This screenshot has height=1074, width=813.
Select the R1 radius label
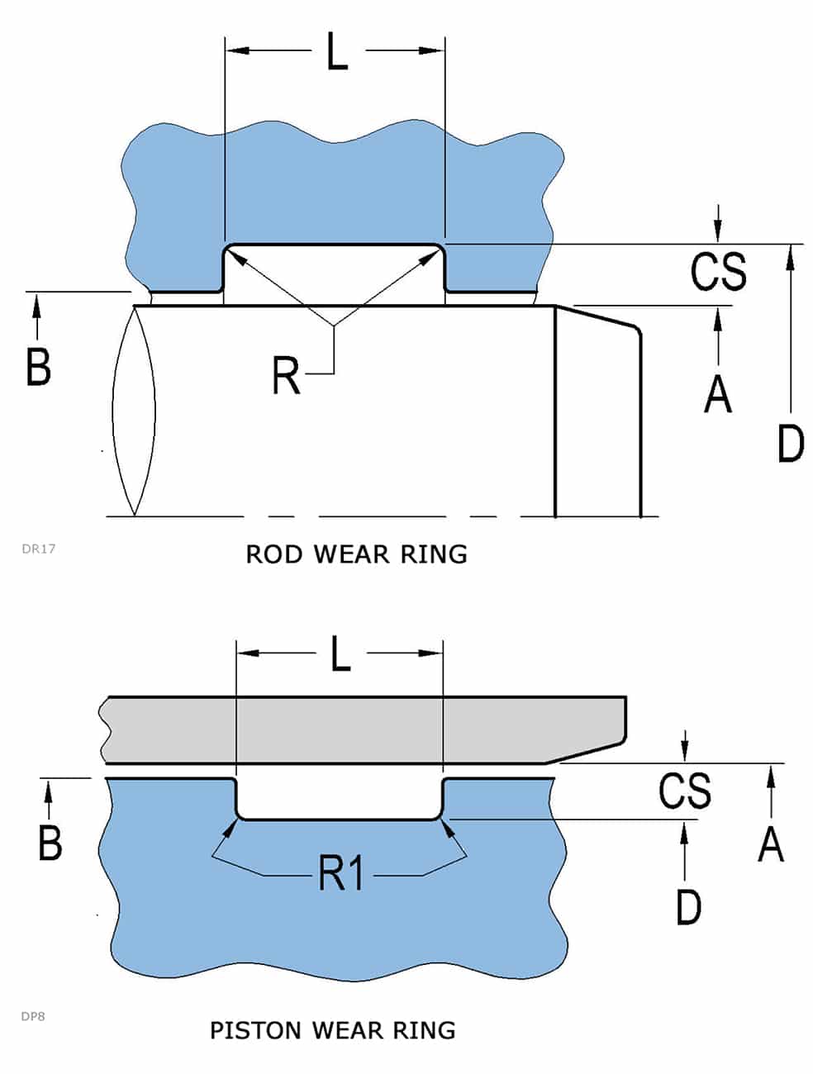(342, 873)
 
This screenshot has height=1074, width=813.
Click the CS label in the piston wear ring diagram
(684, 790)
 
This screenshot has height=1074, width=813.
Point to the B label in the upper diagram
(38, 367)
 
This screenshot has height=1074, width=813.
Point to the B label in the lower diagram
(50, 843)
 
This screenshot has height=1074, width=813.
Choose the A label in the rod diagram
(717, 392)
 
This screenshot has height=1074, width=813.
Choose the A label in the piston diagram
(770, 844)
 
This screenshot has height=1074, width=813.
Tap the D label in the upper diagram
(791, 443)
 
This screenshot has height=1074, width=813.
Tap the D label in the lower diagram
(688, 906)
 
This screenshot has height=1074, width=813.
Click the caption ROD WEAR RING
(356, 554)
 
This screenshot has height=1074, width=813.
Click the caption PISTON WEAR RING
(332, 1030)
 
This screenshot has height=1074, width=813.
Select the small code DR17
(39, 548)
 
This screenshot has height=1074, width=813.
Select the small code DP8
(33, 1016)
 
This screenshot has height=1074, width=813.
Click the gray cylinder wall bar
(364, 729)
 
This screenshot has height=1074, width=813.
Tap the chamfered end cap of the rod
(597, 413)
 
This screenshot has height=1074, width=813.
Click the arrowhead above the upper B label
(36, 307)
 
